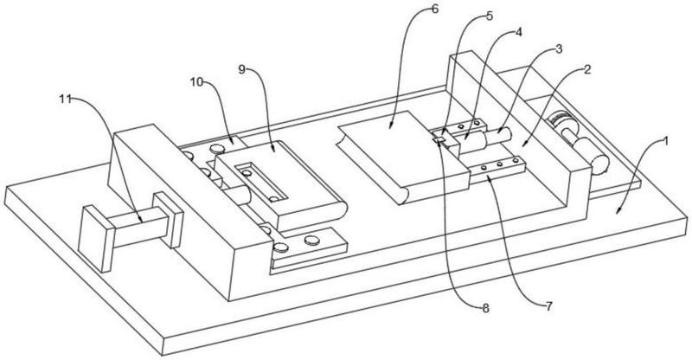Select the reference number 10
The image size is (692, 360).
click(196, 81)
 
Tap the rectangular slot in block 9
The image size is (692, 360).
click(264, 181)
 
